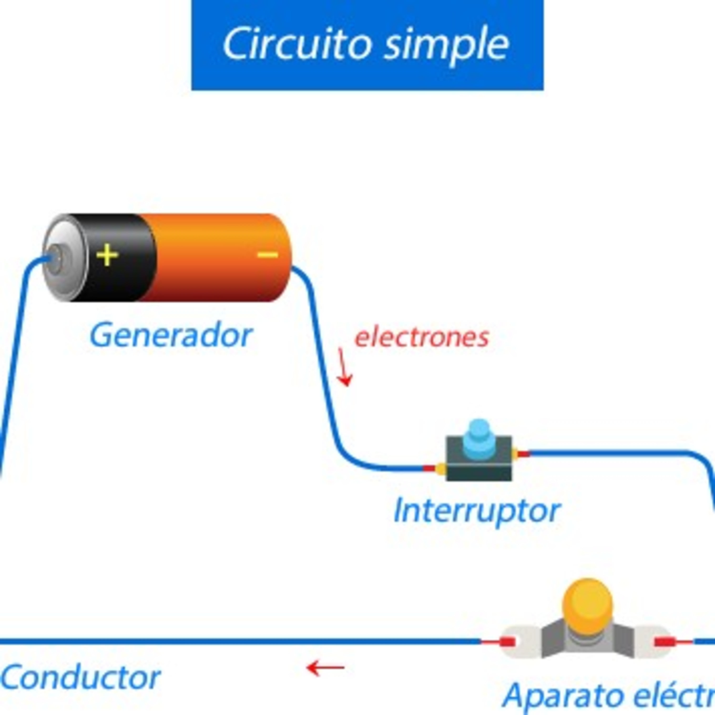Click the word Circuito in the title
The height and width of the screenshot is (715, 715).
click(296, 44)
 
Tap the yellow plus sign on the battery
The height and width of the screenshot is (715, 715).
click(107, 255)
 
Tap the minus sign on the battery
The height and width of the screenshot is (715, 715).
click(267, 255)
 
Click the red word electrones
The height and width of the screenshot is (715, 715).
click(422, 337)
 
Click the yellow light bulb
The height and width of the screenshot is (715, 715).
click(587, 607)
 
